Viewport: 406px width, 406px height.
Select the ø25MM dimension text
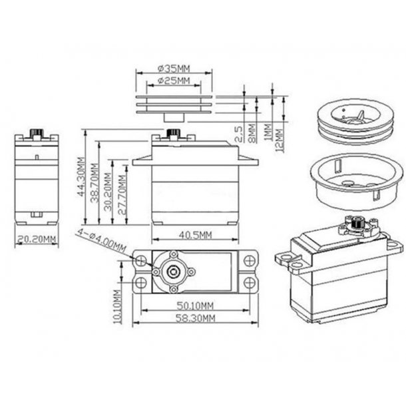[x=174, y=81]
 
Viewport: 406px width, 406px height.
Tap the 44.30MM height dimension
[x=81, y=176]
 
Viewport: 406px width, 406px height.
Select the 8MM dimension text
[x=252, y=133]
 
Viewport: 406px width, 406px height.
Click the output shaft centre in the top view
[x=173, y=270]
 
